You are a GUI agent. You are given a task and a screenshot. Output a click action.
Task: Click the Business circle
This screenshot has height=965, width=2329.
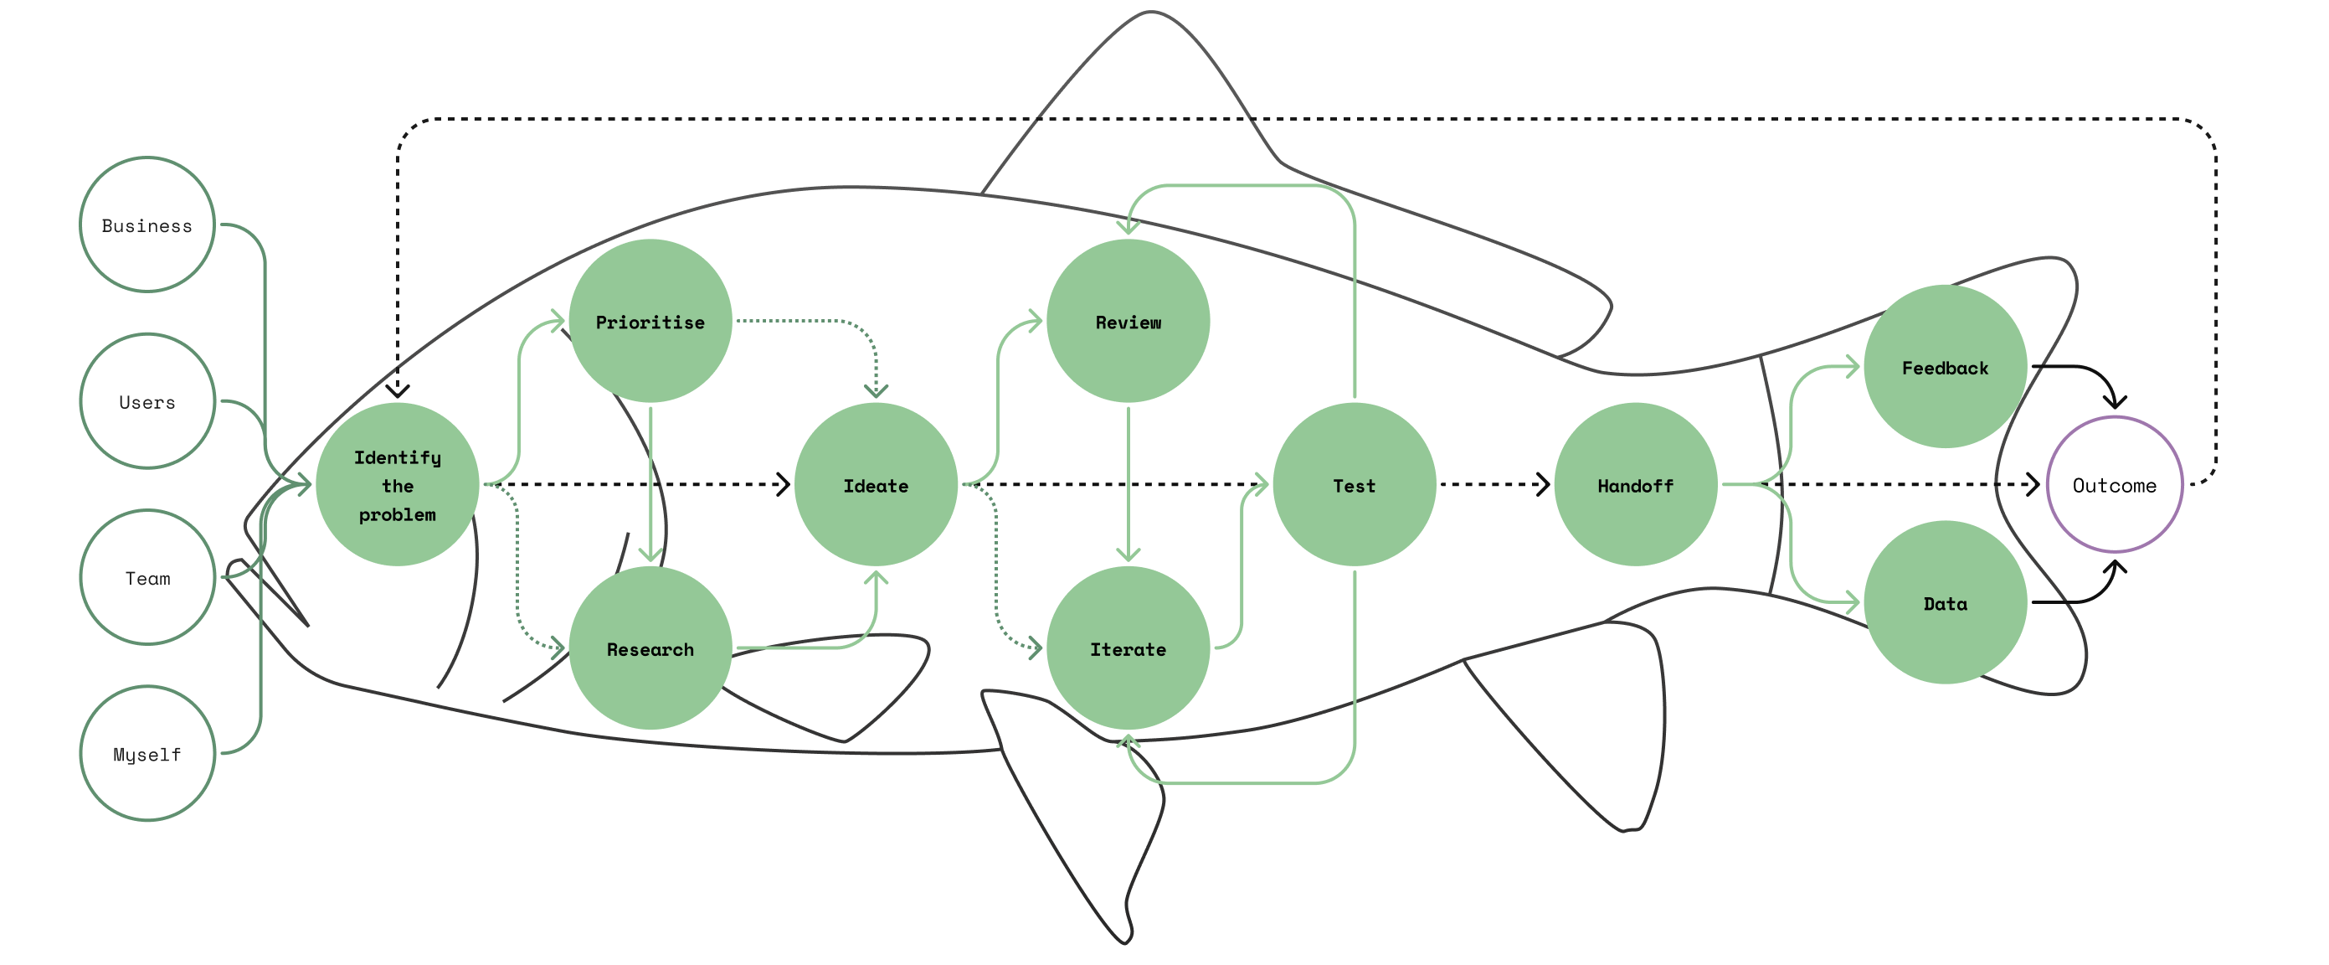tap(147, 224)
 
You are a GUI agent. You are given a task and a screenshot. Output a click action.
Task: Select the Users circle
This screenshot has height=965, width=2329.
tap(147, 400)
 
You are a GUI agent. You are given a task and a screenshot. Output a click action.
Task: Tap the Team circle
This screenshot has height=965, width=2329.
tap(147, 577)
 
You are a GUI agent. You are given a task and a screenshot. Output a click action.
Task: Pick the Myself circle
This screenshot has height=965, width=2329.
tap(147, 753)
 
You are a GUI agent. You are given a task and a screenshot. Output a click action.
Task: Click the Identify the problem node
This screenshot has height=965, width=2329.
tap(397, 485)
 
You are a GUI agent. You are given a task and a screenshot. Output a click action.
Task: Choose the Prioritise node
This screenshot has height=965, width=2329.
tap(650, 321)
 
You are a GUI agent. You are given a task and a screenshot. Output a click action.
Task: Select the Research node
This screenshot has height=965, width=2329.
tap(650, 648)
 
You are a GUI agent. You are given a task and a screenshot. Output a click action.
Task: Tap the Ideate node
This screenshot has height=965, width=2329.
tap(875, 485)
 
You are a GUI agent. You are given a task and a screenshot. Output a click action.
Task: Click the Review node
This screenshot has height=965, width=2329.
tap(1128, 321)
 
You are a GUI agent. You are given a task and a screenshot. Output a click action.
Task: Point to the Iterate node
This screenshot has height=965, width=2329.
tap(1128, 648)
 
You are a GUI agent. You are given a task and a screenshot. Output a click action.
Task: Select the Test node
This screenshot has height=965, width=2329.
tap(1354, 485)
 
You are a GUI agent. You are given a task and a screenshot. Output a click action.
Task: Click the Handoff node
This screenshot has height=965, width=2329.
tap(1635, 485)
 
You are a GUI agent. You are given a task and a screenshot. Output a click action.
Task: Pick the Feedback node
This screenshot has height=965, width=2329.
tap(1945, 366)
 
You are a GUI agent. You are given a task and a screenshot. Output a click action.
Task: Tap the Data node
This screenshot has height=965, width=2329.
tap(1945, 602)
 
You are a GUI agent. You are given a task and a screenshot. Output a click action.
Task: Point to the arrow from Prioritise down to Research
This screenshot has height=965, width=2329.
tap(650, 479)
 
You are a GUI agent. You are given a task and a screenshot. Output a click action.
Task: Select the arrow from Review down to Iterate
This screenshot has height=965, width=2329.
tap(1128, 479)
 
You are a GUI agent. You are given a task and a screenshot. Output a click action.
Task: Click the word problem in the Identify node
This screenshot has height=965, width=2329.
tap(397, 514)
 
